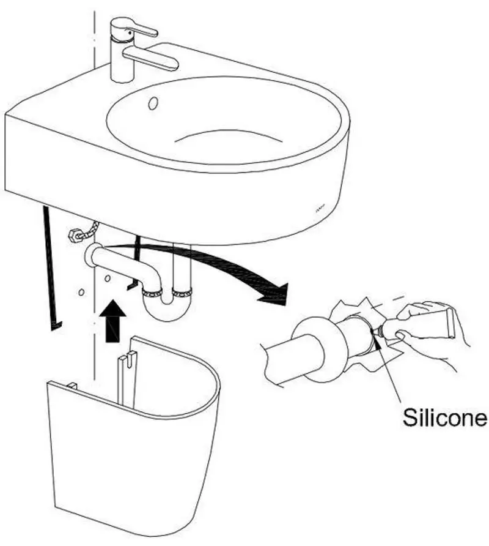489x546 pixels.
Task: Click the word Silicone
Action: (x=445, y=417)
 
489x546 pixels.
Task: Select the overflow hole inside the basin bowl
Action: (x=153, y=103)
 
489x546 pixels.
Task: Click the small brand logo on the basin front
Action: (x=320, y=210)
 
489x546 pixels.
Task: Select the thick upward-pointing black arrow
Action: (x=112, y=321)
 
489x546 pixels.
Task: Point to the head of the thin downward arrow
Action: (x=56, y=326)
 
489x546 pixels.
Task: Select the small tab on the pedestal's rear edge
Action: (x=72, y=386)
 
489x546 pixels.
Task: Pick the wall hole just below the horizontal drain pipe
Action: (x=108, y=279)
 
